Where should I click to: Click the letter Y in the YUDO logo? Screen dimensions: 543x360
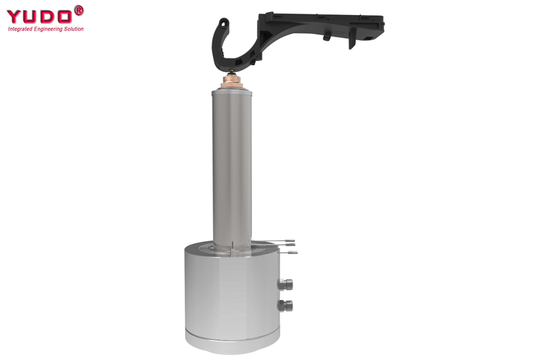click(14, 16)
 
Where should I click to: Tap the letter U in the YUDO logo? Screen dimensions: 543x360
click(31, 16)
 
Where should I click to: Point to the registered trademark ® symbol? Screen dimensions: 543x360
click(79, 10)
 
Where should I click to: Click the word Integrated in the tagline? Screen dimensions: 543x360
click(20, 29)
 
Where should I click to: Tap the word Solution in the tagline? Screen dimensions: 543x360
click(74, 29)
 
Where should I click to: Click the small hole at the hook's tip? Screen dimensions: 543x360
click(224, 23)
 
